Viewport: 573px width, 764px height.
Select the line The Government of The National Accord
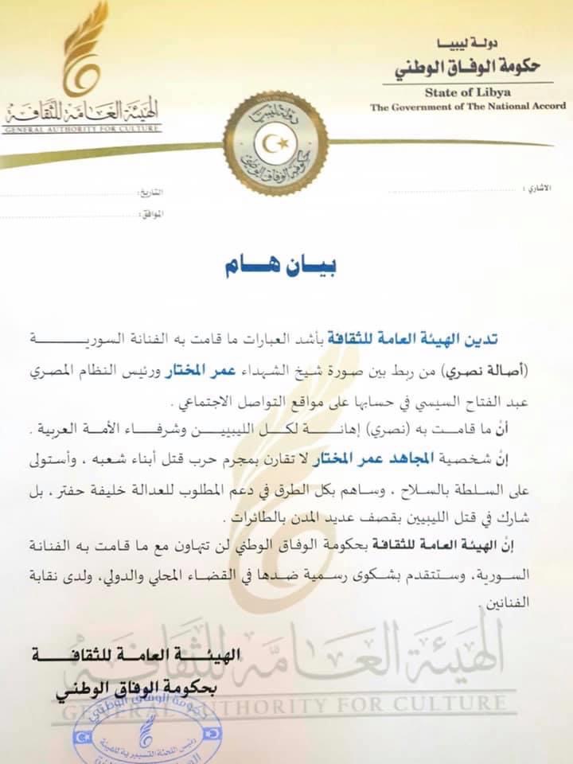467,107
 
